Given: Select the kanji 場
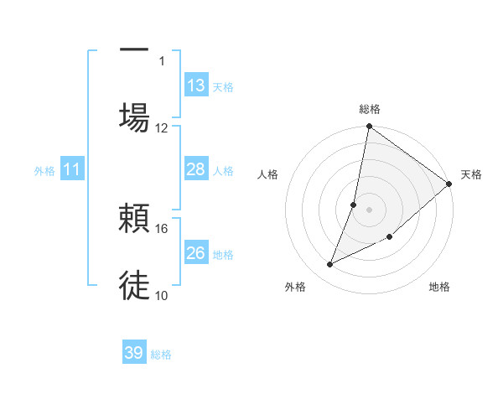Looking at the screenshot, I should point(134,117).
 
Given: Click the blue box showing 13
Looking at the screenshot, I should point(196,86).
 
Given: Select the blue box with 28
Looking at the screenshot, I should point(196,169).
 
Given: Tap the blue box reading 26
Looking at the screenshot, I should point(196,252).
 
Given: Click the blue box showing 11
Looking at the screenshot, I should point(72,169).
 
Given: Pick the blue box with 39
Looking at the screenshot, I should point(134,353).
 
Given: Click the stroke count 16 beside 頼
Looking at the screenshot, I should point(162,228).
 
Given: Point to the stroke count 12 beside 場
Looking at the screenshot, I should point(162,127).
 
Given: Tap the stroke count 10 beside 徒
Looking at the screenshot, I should point(162,295).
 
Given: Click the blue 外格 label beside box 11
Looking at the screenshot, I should point(44,170).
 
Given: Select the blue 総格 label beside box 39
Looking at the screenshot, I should point(161,355).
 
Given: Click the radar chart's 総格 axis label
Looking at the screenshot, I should point(370,109).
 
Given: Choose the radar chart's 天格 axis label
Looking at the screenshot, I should point(471,174).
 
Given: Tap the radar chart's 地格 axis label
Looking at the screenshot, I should point(439,287).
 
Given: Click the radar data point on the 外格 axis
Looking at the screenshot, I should point(330,265).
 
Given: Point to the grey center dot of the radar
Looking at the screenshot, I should point(370,210).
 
